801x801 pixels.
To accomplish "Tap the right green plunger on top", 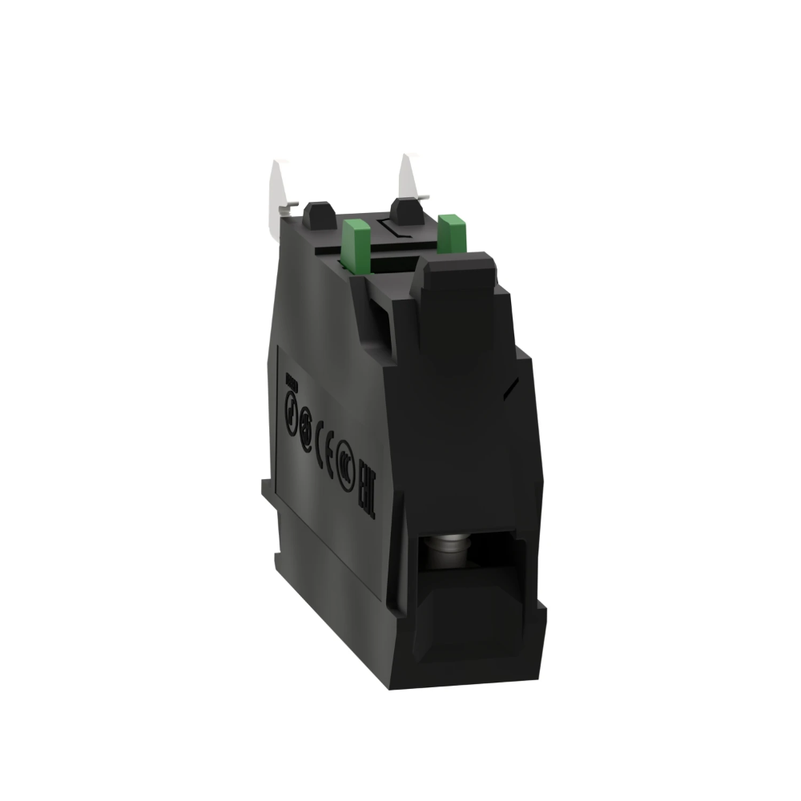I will pyautogui.click(x=452, y=234).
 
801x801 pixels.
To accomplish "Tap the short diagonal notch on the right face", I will pyautogui.click(x=506, y=388).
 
